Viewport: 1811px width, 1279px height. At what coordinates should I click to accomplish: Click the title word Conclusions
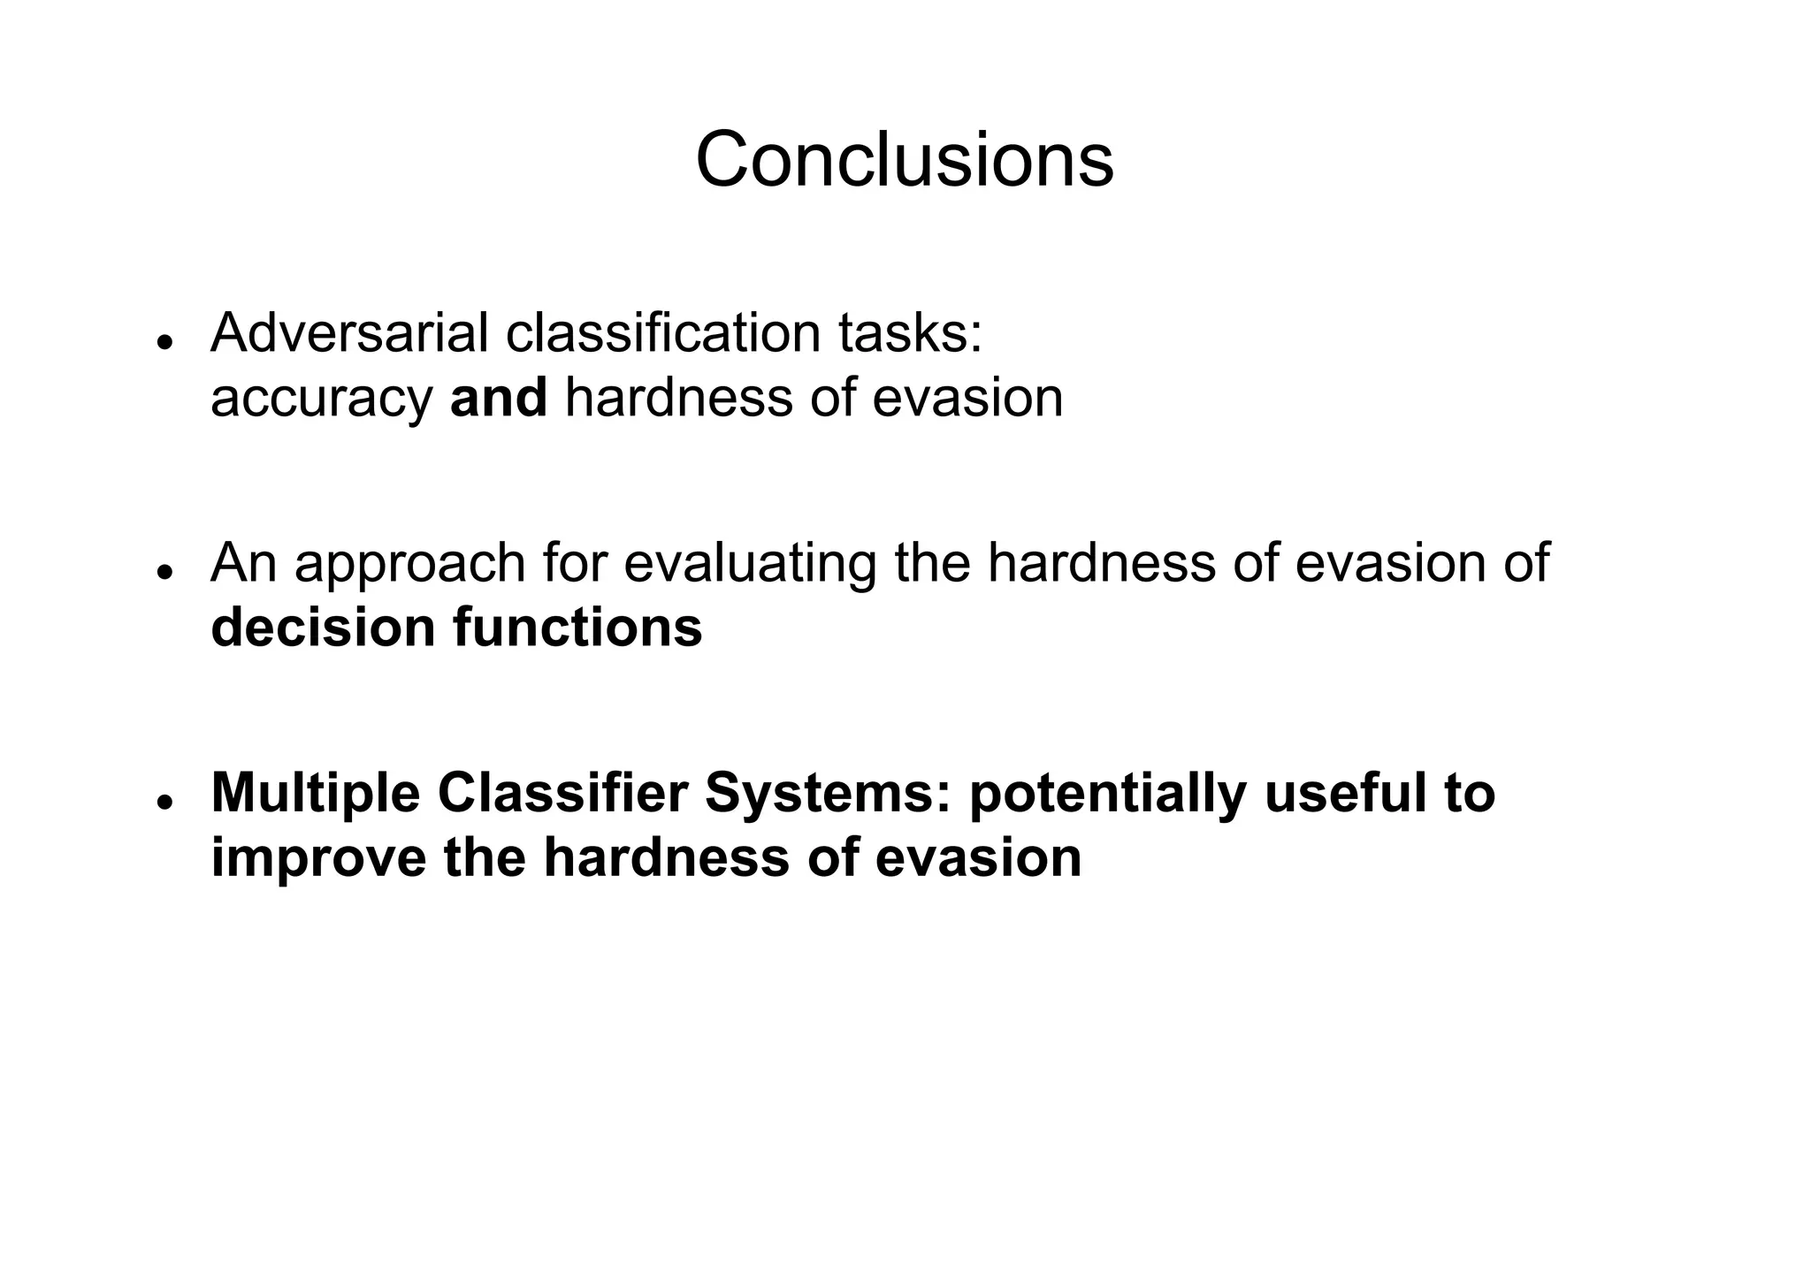904,160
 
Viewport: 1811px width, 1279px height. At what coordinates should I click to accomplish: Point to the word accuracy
321,400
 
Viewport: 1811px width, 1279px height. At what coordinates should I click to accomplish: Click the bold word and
499,398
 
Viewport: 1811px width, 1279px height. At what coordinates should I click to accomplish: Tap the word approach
409,565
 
